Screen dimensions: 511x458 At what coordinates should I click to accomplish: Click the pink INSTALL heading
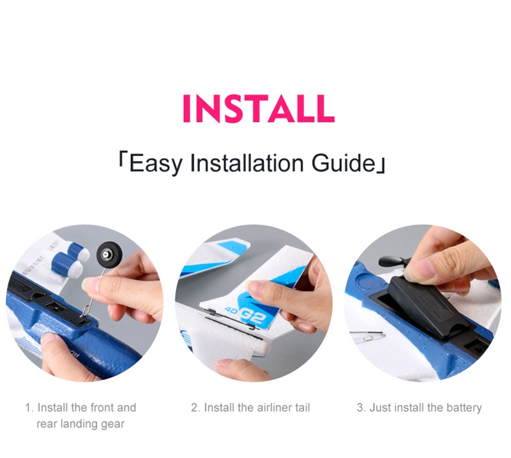259,108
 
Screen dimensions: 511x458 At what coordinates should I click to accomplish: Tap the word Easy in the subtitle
155,164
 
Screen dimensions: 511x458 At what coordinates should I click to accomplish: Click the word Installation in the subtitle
247,162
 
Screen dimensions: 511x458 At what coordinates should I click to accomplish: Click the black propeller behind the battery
392,261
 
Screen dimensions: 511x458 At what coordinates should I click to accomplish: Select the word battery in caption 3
464,407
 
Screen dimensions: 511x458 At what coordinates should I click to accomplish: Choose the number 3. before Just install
361,407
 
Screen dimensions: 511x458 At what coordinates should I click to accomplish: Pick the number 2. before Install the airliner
195,407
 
